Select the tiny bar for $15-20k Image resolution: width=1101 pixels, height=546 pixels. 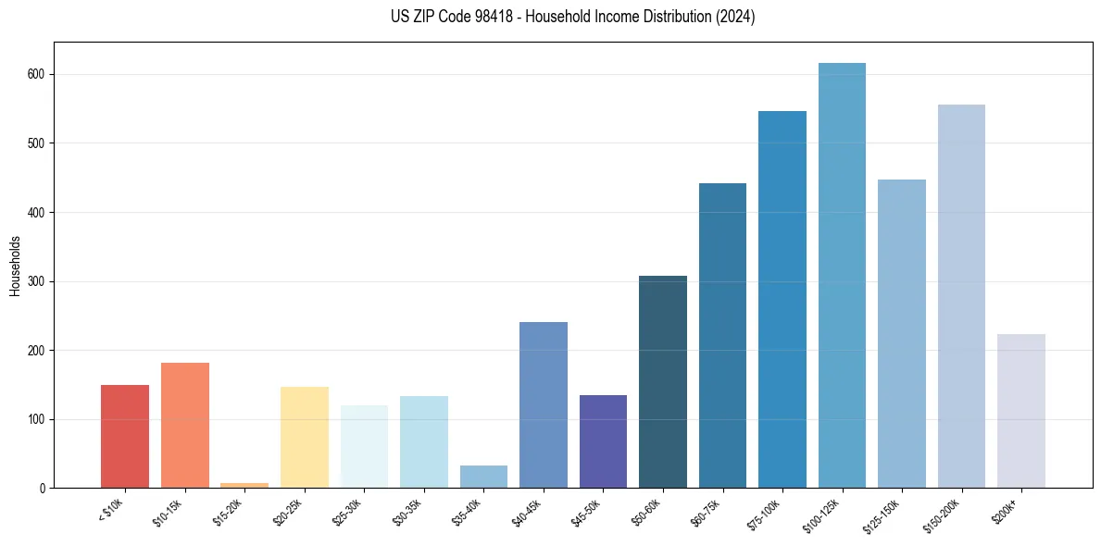[x=244, y=485]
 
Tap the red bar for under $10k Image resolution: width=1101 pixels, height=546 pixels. [x=125, y=436]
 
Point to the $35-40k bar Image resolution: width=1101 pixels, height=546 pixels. [x=483, y=477]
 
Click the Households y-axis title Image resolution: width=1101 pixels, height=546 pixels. [x=15, y=265]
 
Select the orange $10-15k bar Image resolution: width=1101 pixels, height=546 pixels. [x=185, y=425]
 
